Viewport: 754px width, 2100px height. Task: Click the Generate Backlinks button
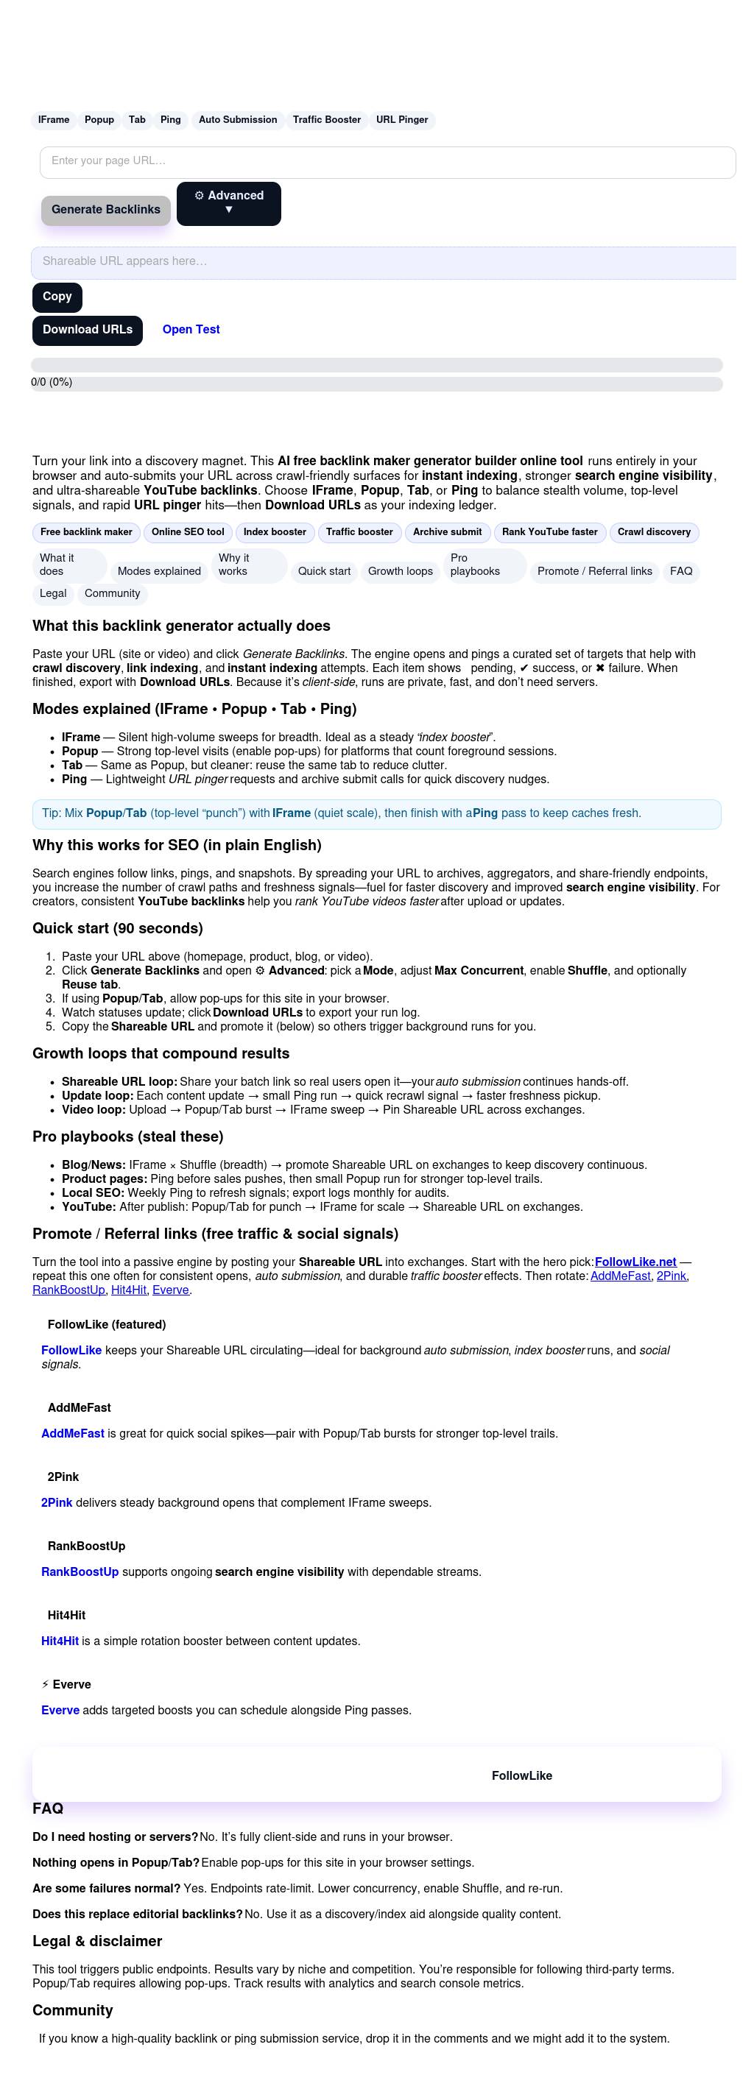[106, 210]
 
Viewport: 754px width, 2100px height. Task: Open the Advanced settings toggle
[228, 203]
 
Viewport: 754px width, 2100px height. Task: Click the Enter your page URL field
[387, 161]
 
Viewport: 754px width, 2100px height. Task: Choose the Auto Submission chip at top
[238, 120]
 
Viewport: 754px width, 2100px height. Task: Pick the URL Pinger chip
[402, 120]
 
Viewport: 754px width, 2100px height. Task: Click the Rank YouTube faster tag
[549, 532]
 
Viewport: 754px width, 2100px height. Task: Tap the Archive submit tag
[447, 532]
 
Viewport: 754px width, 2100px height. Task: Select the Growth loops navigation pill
[401, 571]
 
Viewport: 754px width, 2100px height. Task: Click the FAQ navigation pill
[680, 571]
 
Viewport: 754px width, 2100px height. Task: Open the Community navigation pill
[113, 593]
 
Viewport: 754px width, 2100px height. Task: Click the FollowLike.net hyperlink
[635, 1262]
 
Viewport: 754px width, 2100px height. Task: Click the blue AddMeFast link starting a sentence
[73, 1433]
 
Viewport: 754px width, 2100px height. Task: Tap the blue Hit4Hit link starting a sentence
[60, 1641]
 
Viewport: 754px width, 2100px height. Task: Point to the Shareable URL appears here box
[383, 262]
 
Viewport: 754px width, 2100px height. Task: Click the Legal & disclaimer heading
[97, 1941]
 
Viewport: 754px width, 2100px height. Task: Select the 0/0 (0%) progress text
[52, 382]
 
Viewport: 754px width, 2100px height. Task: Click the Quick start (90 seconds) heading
[117, 928]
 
